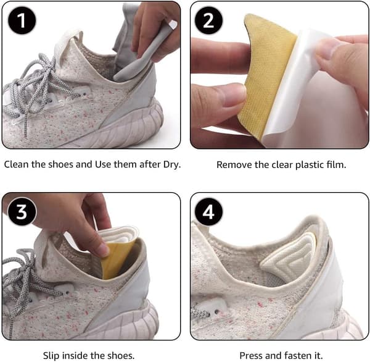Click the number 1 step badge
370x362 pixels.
tap(22, 20)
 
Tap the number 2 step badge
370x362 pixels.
tap(208, 20)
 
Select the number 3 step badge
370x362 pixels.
tap(22, 211)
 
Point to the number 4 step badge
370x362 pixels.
tap(208, 212)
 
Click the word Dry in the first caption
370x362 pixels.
tap(172, 165)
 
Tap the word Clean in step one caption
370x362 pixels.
tap(17, 164)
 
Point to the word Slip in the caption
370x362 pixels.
tap(51, 356)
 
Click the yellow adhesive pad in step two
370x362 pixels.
tap(266, 75)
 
